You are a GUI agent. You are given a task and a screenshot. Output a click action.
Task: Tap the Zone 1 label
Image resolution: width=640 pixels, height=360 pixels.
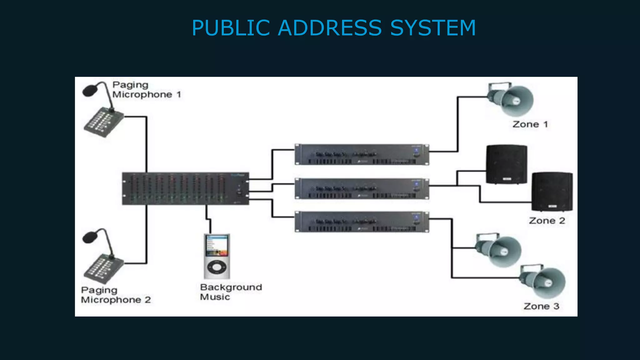coord(530,124)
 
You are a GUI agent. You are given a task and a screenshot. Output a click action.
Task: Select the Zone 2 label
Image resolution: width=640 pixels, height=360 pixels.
coord(547,221)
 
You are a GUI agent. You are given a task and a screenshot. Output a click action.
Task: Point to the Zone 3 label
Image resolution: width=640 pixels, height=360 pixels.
coord(541,306)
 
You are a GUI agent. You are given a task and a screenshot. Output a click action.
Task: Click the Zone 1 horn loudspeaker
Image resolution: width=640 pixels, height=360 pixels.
coord(512,99)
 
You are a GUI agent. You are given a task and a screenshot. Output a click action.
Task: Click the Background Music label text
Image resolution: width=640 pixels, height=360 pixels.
coord(231,292)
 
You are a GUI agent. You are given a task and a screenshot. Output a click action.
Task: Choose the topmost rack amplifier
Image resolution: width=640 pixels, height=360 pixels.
coord(362,154)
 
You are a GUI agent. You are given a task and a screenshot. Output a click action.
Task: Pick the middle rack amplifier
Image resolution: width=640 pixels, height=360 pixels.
coord(362,188)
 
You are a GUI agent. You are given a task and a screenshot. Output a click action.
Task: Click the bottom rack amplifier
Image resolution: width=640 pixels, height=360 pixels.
coord(362,222)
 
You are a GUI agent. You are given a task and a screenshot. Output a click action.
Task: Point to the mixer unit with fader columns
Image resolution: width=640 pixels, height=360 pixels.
coord(185,189)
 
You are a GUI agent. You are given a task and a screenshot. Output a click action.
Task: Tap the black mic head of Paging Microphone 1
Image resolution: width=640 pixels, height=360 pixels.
coord(90,91)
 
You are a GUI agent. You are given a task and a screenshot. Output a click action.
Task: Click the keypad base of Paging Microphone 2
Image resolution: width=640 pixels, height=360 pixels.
coord(103,268)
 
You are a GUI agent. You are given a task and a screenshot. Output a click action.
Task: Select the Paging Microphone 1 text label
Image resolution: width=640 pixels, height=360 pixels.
coord(146,90)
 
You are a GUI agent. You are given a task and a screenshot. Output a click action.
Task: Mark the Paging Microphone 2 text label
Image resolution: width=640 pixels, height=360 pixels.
coord(116,295)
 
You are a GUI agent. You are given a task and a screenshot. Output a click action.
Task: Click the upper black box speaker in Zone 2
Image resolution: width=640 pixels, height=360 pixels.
coord(506,164)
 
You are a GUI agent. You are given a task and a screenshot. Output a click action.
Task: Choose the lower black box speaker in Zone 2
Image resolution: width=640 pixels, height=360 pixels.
coord(552,191)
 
